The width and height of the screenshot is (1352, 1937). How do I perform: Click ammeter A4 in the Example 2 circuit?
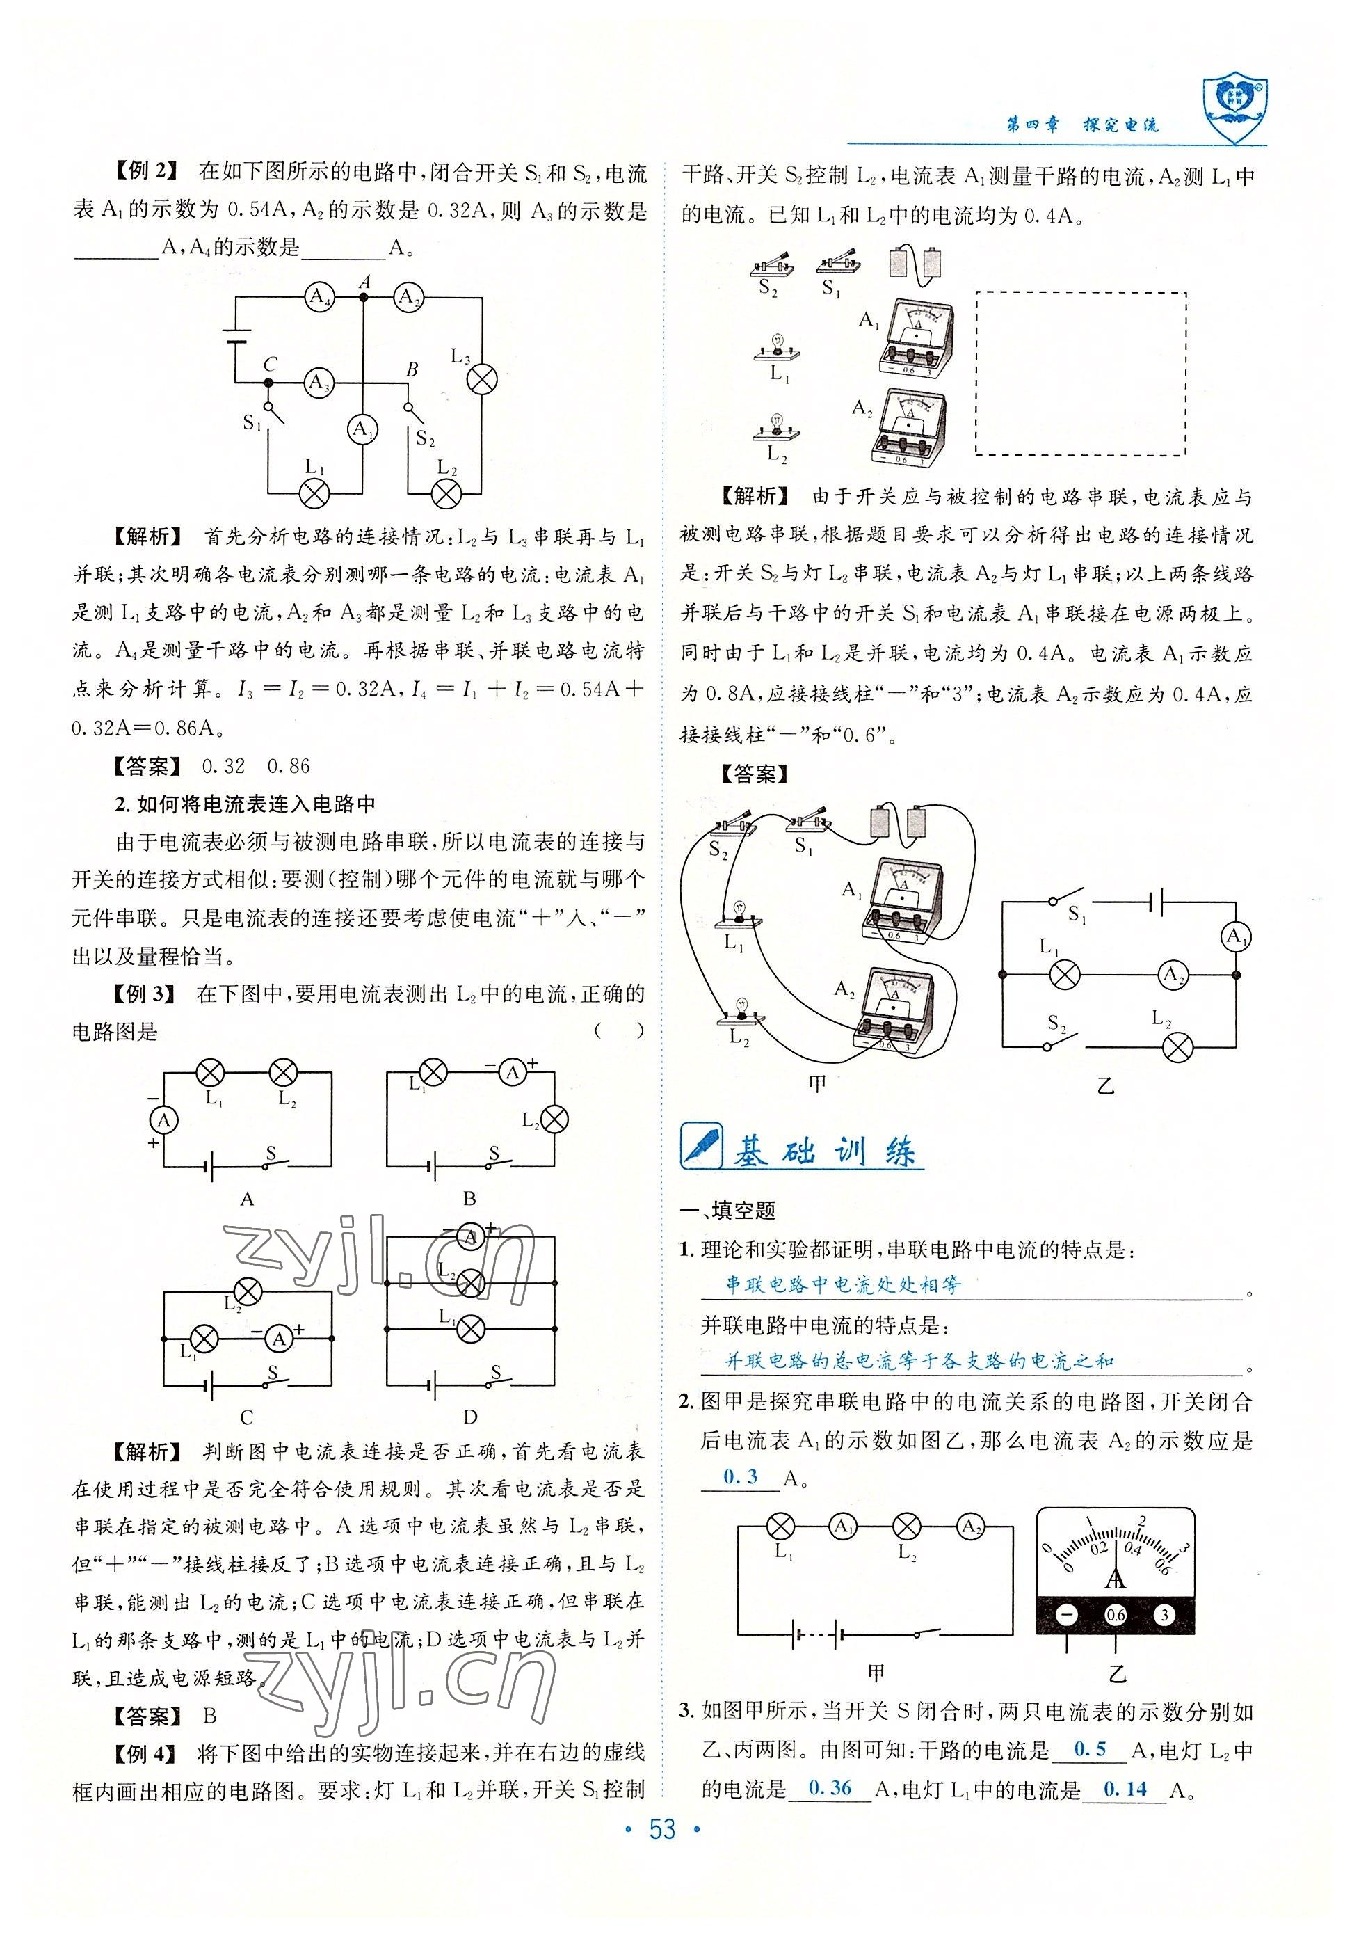319,297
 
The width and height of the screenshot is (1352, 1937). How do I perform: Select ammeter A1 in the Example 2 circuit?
362,429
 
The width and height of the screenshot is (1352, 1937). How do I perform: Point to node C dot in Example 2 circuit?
269,383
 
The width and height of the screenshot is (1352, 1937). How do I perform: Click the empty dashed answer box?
1081,374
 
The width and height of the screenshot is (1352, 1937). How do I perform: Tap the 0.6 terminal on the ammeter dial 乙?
1115,1615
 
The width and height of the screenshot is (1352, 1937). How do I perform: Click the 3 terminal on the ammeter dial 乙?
1164,1615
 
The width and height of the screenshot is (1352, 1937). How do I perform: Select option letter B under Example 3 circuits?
469,1199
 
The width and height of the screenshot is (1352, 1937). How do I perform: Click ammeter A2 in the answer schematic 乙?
1171,974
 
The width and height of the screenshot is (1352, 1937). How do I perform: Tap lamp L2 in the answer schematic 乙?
1177,1048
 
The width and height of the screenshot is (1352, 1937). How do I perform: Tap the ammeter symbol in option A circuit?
164,1120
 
